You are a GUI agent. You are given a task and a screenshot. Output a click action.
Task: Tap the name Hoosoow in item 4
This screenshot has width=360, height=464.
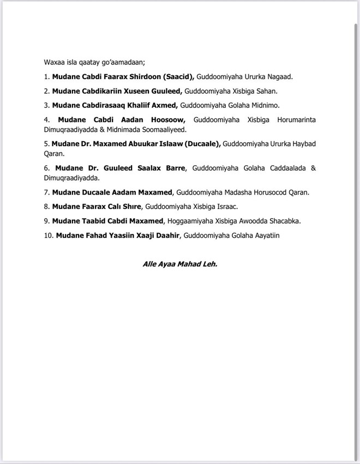click(x=166, y=119)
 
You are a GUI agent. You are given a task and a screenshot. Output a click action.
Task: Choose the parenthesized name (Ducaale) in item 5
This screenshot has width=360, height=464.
click(x=202, y=144)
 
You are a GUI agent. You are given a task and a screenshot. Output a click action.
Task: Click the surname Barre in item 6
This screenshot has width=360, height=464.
click(x=174, y=168)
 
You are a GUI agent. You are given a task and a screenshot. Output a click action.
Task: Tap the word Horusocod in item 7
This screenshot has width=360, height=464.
click(x=269, y=192)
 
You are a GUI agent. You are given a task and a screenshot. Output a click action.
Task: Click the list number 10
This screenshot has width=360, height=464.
click(x=48, y=235)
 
